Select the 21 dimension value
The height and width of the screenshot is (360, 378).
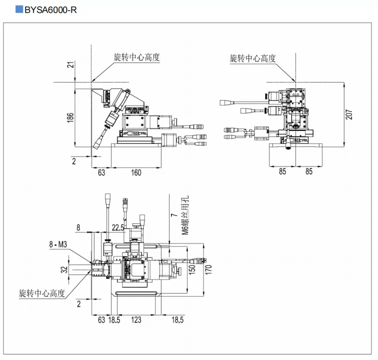(x=70, y=64)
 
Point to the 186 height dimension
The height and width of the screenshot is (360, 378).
(x=70, y=117)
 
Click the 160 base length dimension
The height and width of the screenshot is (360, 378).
(x=136, y=172)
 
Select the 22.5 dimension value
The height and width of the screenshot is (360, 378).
(x=118, y=227)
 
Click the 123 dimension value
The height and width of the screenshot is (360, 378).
(x=135, y=320)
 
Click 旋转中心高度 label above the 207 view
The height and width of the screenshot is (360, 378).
(x=252, y=58)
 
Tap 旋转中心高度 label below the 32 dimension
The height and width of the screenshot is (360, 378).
(x=42, y=292)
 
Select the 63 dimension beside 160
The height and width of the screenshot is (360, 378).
(x=101, y=172)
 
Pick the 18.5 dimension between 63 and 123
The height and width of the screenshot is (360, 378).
(x=115, y=320)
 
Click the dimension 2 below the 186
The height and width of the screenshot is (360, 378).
(x=73, y=160)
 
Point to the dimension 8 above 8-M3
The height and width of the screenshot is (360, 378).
(x=78, y=227)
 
